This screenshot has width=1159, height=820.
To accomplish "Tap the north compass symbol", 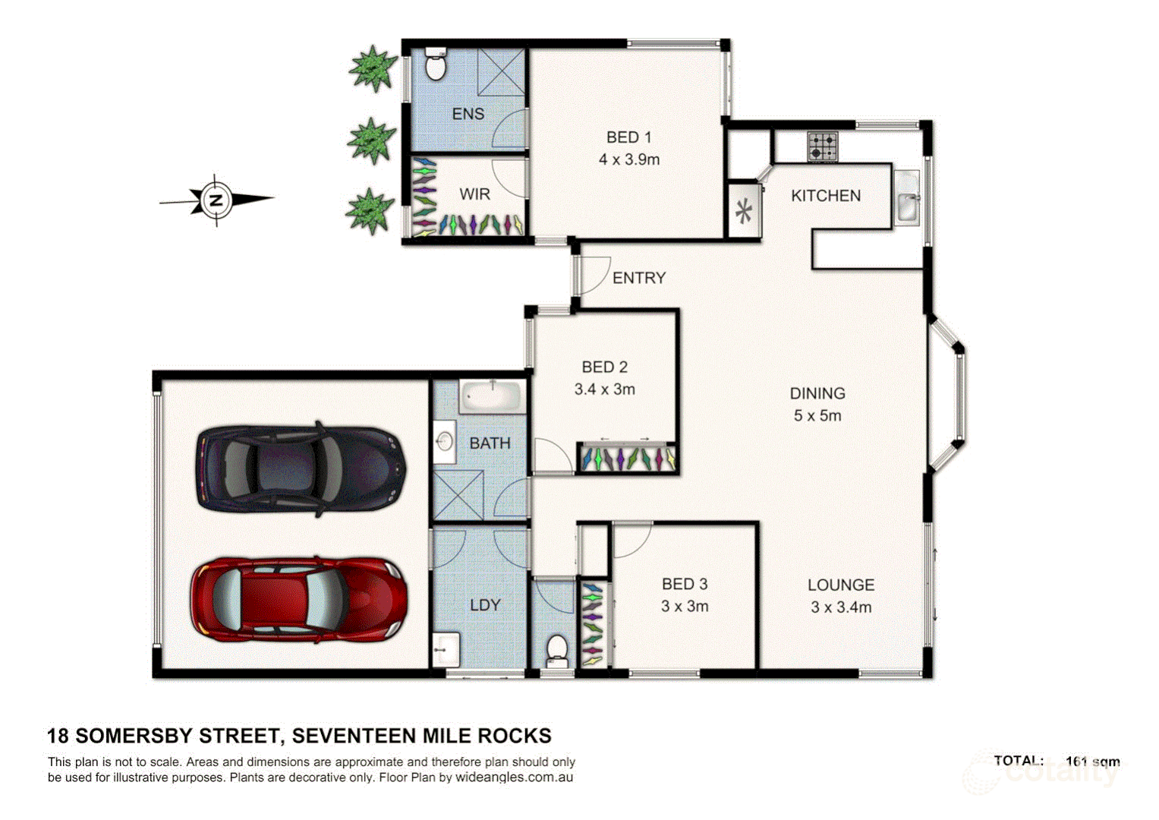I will click(x=216, y=200).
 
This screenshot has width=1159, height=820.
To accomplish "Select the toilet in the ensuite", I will click(x=436, y=65).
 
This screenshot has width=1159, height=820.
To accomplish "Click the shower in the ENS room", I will click(x=501, y=73).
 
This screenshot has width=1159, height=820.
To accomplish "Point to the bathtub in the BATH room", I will click(x=492, y=397).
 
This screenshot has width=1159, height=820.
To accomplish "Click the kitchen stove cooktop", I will click(x=822, y=147).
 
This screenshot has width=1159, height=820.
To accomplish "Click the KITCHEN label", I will click(x=826, y=196).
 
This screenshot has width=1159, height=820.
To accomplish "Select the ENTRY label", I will click(x=638, y=278).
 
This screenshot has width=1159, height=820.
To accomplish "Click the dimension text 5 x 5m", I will click(x=817, y=415).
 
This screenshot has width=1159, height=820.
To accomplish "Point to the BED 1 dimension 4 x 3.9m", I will click(x=628, y=159).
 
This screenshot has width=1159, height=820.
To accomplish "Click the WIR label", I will click(x=474, y=194).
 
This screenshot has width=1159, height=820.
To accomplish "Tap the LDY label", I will click(x=485, y=605).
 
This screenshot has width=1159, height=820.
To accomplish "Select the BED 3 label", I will click(x=684, y=584).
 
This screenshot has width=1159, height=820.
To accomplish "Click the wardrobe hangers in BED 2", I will click(x=627, y=459).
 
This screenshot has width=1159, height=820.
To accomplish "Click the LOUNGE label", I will click(x=840, y=585).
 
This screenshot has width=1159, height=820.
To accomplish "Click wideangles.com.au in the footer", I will click(x=514, y=777).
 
